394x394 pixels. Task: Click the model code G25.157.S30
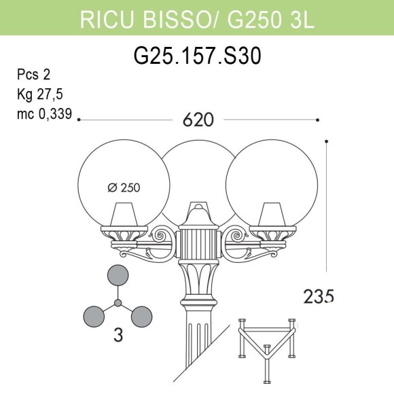pos(197,56)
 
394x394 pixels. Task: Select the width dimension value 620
pos(198,120)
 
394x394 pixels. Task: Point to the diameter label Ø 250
pos(129,189)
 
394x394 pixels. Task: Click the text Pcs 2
pos(33,75)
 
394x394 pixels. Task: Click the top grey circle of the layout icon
pos(118,276)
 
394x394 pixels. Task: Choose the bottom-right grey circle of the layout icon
pos(141,315)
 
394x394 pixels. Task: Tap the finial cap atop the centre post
pos(198,207)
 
